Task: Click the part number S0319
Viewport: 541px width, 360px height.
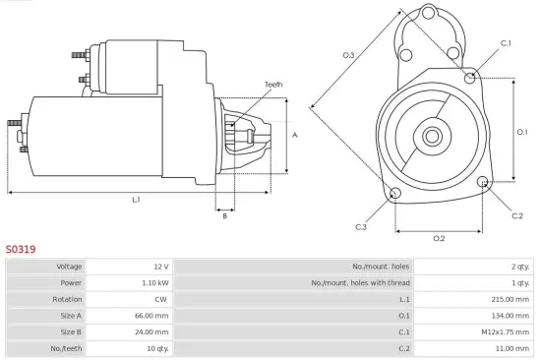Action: [x=21, y=250]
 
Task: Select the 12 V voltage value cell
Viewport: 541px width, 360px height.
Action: [x=160, y=267]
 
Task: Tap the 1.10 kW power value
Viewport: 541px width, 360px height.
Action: [x=155, y=282]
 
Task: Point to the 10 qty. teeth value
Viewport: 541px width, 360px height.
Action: [x=157, y=349]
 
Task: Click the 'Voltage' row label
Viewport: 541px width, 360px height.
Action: [x=69, y=267]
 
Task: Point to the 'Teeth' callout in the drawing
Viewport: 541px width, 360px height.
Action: [x=272, y=85]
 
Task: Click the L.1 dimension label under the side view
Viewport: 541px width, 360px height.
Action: [x=136, y=200]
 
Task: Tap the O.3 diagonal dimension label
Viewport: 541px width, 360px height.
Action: [x=348, y=55]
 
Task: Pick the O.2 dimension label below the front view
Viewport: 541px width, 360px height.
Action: [x=439, y=238]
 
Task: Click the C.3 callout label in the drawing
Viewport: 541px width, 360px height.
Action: [x=361, y=227]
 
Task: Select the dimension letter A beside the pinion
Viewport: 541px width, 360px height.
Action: [x=296, y=135]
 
